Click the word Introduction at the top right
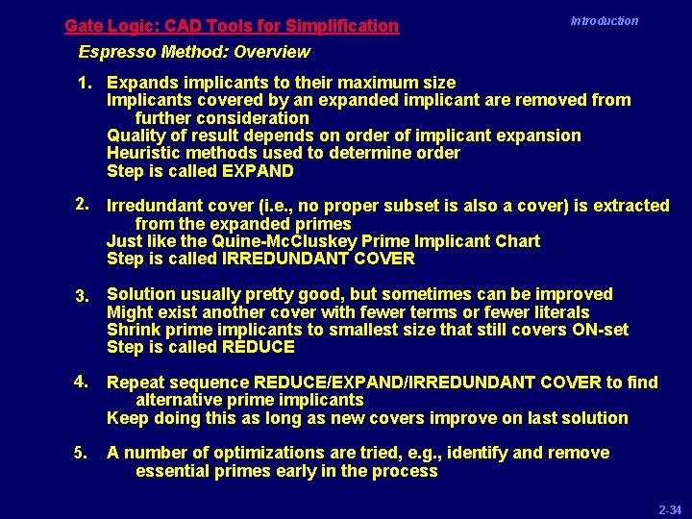point(604,20)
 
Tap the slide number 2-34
point(670,507)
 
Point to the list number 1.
point(85,83)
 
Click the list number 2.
point(84,205)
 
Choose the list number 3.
point(84,295)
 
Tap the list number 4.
point(84,383)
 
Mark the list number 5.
point(84,453)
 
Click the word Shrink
point(133,330)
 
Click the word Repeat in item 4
point(136,383)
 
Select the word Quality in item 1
point(136,136)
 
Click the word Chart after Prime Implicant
point(517,241)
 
